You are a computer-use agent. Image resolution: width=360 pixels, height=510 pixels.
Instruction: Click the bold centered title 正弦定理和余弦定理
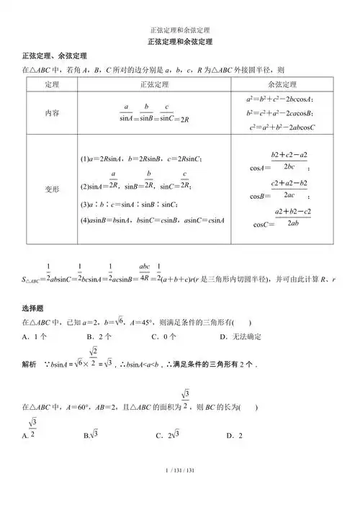coord(180,42)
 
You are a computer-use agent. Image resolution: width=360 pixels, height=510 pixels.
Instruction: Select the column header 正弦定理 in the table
coord(153,84)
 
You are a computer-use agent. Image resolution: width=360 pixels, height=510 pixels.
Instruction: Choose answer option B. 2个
coord(99,336)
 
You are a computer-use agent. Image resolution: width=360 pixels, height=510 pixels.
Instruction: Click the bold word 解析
coord(30,365)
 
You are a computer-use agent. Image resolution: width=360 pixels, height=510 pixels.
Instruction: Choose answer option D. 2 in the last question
coord(235,436)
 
